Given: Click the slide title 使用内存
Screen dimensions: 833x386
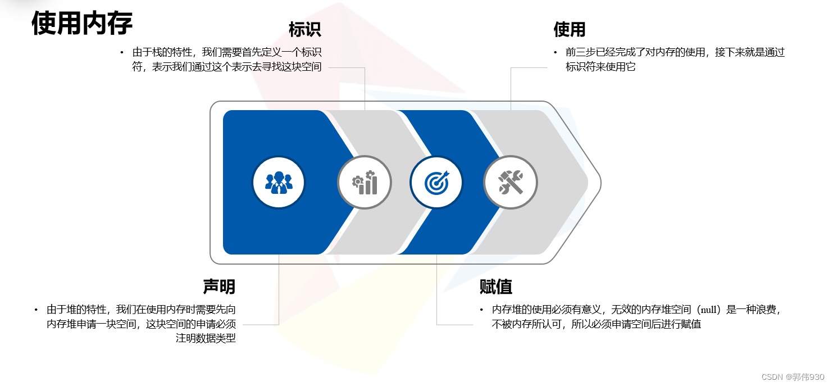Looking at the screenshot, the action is click(x=82, y=24).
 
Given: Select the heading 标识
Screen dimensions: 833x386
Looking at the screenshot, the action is click(x=304, y=29).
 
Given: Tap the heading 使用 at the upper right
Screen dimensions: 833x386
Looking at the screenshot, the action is click(x=570, y=29).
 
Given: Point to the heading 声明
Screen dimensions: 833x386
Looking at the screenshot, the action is click(x=219, y=287).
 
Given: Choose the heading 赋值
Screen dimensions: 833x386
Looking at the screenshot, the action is click(x=496, y=287).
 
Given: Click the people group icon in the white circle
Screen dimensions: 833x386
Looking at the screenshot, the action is click(x=279, y=182).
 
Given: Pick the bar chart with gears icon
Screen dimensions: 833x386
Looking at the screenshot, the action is click(x=365, y=182).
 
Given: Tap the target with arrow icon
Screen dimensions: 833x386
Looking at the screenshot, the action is click(x=436, y=182).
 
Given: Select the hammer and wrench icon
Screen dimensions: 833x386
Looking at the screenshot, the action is click(x=511, y=182).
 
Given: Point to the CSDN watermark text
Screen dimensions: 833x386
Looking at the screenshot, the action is click(x=793, y=376).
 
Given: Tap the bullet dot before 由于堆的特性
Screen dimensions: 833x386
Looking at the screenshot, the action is click(x=35, y=310).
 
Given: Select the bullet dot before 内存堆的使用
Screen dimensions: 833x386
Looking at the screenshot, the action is click(x=481, y=310).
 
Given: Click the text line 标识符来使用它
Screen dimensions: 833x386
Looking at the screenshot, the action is click(x=600, y=67).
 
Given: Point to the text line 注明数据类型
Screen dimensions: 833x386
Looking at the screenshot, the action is click(x=206, y=338).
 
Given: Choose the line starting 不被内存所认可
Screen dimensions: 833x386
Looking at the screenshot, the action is click(x=597, y=324).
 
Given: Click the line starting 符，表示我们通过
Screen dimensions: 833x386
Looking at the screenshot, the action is click(x=227, y=67).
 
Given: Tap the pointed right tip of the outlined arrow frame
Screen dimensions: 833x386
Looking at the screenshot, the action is click(x=600, y=183).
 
